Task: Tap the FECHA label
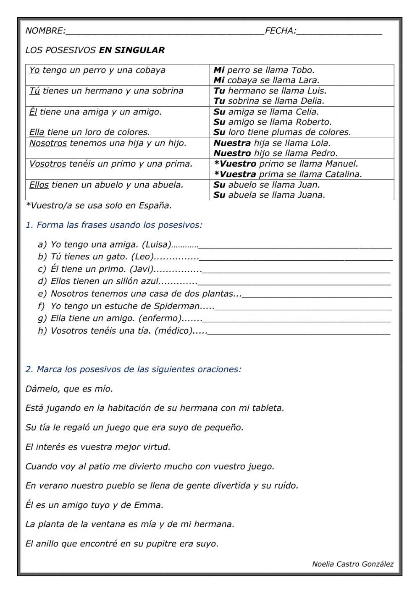point(281,31)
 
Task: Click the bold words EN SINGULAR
point(131,50)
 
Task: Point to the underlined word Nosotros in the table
point(48,143)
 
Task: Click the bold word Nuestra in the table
point(232,143)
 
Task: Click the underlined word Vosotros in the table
point(47,164)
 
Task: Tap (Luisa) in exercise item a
point(157,244)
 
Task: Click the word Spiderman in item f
point(176,306)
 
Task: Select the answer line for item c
point(296,270)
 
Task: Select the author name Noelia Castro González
point(353,564)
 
